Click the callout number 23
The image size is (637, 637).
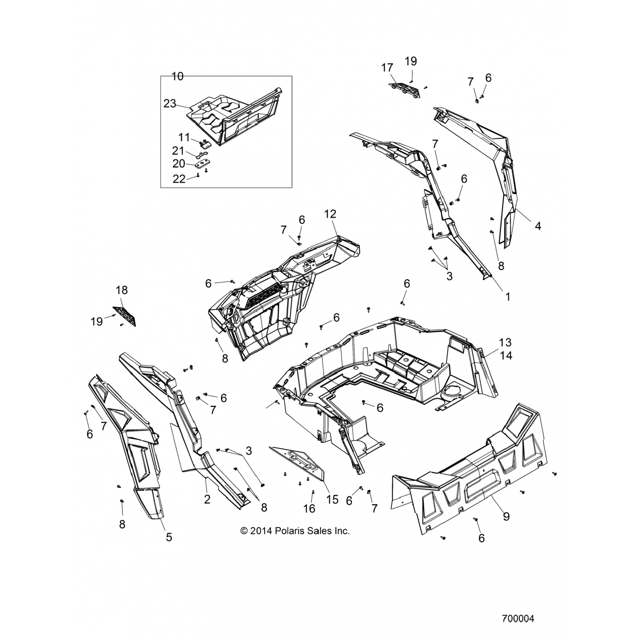coord(170,104)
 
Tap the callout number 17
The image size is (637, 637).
coord(387,68)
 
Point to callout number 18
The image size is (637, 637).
coord(121,290)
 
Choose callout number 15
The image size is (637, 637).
coord(332,499)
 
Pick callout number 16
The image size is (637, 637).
coord(310,508)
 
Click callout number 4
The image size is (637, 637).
coord(538,226)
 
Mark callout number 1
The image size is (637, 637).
coord(507,297)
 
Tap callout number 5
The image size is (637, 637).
coord(169,537)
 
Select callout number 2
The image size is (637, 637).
coord(207,499)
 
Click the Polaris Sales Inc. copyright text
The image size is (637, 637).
coord(295,531)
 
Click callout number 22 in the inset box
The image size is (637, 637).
coord(179,179)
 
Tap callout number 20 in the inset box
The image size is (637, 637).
coord(179,164)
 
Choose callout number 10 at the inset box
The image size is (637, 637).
coord(178,76)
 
